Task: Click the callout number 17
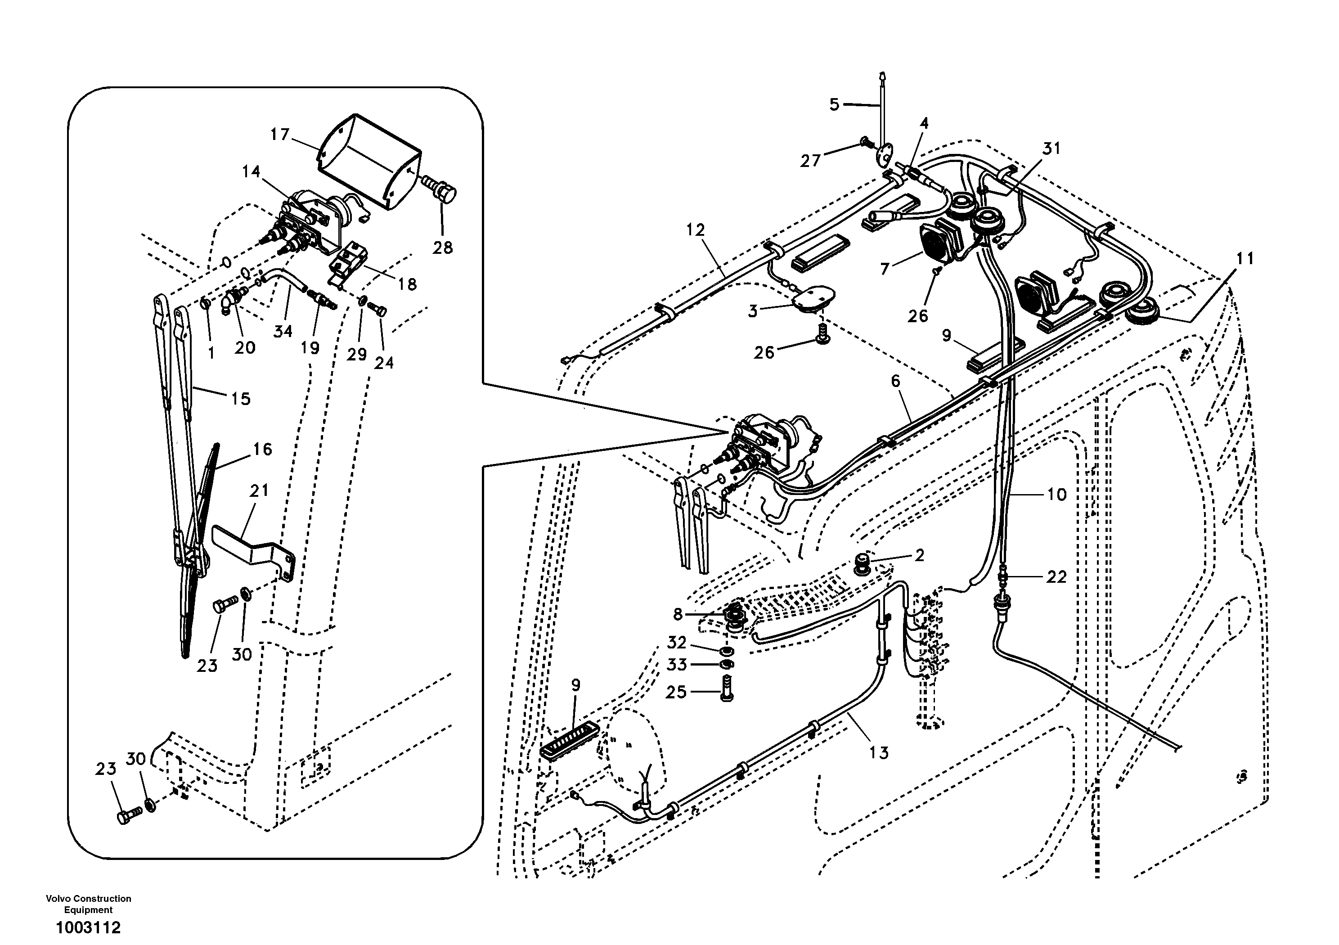coord(280,135)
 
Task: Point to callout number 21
coord(260,490)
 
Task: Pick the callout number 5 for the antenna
coord(835,105)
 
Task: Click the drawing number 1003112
coord(88,927)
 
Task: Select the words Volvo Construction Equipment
coord(88,904)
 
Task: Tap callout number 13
coord(878,753)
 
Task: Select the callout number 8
coord(677,614)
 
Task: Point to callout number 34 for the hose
coord(283,331)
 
